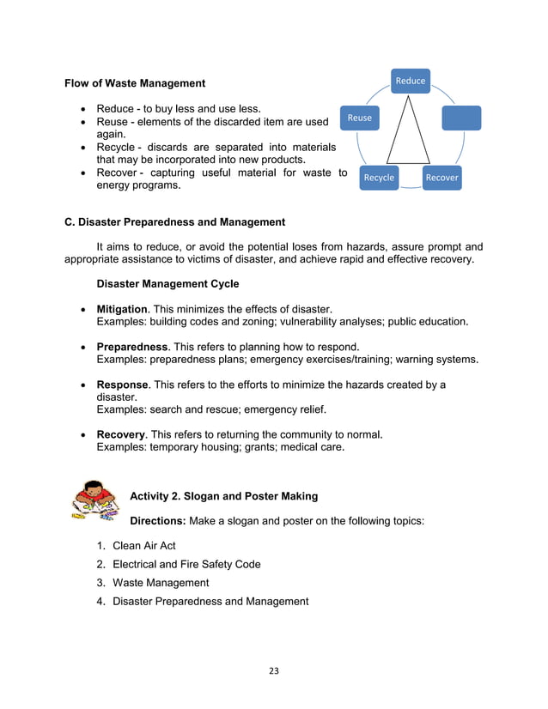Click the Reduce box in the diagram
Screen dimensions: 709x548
pyautogui.click(x=410, y=81)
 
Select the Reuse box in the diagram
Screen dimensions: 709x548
pyautogui.click(x=360, y=118)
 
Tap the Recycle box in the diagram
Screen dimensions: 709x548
pyautogui.click(x=379, y=178)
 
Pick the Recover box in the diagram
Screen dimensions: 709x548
pyautogui.click(x=442, y=178)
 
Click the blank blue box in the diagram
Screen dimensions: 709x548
pyautogui.click(x=461, y=118)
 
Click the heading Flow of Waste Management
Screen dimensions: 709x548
pyautogui.click(x=135, y=83)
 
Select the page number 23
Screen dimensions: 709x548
pyautogui.click(x=273, y=670)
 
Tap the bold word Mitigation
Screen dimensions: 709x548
pyautogui.click(x=123, y=309)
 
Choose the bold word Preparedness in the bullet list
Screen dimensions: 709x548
pyautogui.click(x=132, y=346)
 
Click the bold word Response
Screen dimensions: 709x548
pyautogui.click(x=124, y=385)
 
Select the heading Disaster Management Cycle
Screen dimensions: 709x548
pyautogui.click(x=167, y=284)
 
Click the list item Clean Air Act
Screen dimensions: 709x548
pyautogui.click(x=144, y=546)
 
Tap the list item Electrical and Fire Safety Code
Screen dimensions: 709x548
pyautogui.click(x=186, y=564)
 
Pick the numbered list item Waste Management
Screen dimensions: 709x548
pyautogui.click(x=161, y=583)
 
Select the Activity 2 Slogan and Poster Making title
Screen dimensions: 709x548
pyautogui.click(x=223, y=496)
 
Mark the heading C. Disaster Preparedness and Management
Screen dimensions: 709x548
pyautogui.click(x=175, y=222)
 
